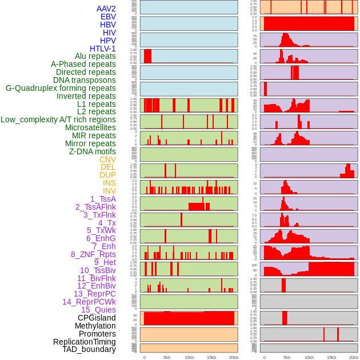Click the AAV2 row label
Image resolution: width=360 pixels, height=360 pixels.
coord(106,9)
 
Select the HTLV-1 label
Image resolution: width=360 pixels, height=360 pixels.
coord(102,49)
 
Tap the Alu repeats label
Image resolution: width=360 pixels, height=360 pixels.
coord(95,57)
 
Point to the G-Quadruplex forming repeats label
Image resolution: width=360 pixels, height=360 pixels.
coord(61,88)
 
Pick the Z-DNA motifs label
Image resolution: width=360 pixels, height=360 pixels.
coord(92,151)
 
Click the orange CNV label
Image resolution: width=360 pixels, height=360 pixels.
coord(107,159)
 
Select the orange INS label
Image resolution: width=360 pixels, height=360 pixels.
coord(109,183)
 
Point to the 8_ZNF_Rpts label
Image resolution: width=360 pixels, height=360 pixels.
coord(93,254)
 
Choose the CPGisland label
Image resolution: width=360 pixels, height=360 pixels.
coord(97,318)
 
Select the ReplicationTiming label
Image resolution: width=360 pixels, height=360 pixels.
coord(85,342)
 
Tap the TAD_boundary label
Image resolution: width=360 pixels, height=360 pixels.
coord(89,349)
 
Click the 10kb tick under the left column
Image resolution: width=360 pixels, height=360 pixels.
coord(189,357)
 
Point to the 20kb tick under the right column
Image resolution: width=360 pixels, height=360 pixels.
coord(354,357)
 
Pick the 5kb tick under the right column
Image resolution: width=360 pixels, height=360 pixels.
coord(287,357)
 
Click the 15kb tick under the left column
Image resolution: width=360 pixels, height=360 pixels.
coord(211,357)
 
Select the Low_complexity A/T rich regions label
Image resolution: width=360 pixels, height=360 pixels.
coord(58,119)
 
